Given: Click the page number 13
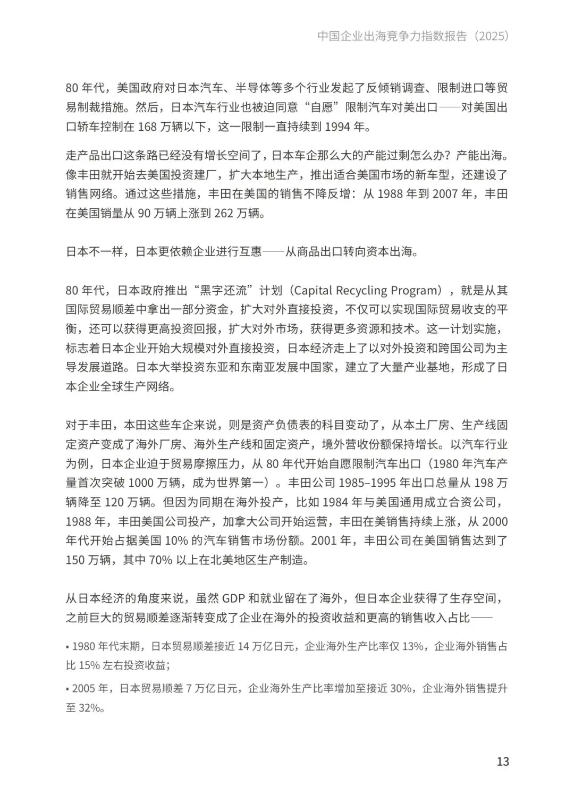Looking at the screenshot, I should tap(503, 761).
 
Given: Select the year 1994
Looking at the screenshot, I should tap(337, 128).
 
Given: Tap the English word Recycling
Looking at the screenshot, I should tap(361, 291).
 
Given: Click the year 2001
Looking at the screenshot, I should tap(324, 540).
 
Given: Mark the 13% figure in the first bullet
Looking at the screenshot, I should tap(413, 646).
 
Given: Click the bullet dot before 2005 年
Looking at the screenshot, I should tap(68, 689).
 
